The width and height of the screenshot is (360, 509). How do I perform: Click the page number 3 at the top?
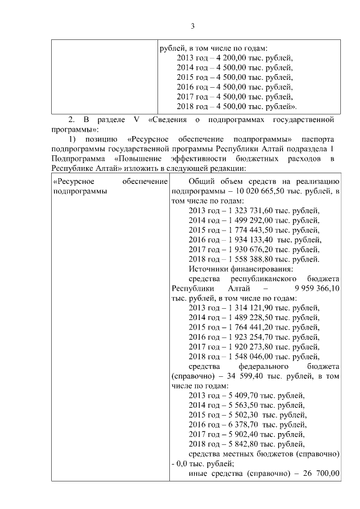coord(192,26)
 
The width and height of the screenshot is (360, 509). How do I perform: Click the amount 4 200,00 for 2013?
coord(231,57)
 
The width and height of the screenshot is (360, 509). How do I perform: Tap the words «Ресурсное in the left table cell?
coord(73,181)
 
